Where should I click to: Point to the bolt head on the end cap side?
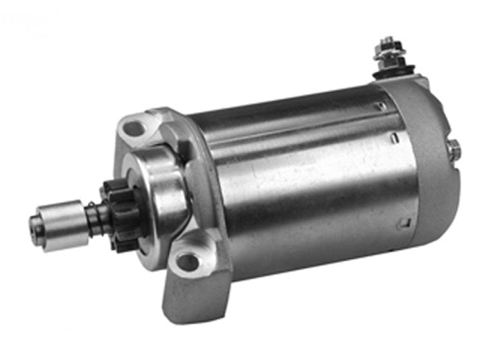pyautogui.click(x=454, y=149)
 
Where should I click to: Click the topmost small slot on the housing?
pyautogui.click(x=382, y=105)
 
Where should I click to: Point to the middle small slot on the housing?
pyautogui.click(x=392, y=136)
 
